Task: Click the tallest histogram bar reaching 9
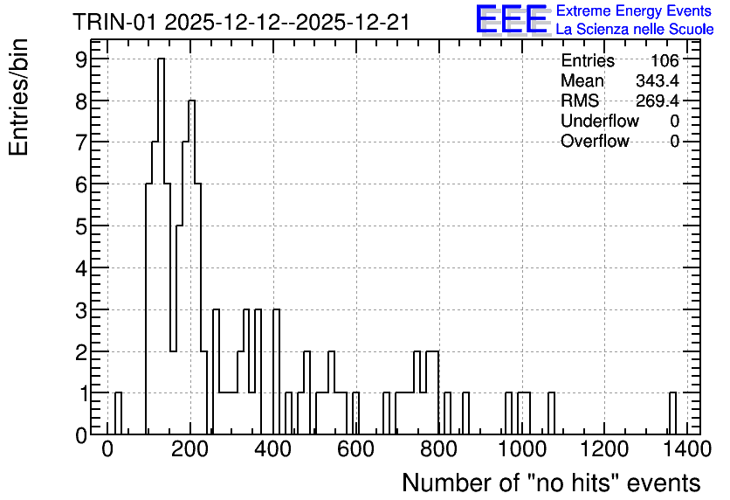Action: [x=161, y=246]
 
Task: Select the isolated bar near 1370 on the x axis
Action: [x=672, y=413]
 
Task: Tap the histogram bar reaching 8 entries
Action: [x=191, y=267]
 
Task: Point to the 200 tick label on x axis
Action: [x=190, y=449]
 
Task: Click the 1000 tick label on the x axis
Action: [x=521, y=449]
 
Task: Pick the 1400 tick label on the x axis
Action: [x=686, y=449]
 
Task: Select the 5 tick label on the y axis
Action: [x=81, y=226]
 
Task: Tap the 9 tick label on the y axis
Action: [x=81, y=59]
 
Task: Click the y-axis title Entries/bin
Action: [x=18, y=97]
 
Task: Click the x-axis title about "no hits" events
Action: [x=551, y=483]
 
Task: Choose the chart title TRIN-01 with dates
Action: [x=241, y=22]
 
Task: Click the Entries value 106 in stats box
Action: [x=665, y=60]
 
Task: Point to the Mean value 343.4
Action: [x=658, y=80]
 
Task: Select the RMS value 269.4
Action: [x=658, y=101]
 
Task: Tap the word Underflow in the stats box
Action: [x=600, y=121]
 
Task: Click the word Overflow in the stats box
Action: [x=595, y=141]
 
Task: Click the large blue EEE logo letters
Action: [x=512, y=19]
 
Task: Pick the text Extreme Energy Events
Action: [x=634, y=10]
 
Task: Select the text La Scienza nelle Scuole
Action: [x=635, y=30]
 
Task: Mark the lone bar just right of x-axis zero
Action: [x=118, y=413]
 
